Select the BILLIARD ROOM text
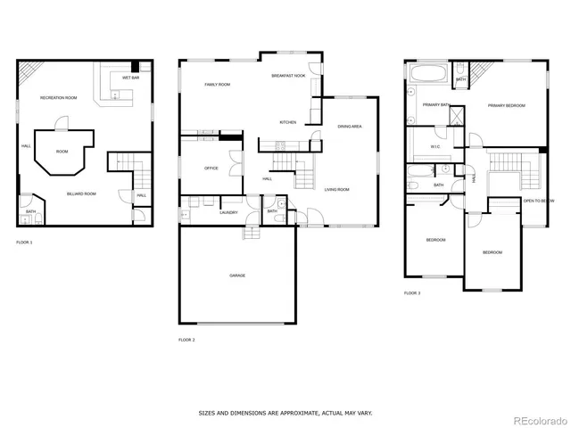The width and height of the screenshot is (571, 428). click(82, 193)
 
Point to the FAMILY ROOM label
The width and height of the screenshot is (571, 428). click(218, 85)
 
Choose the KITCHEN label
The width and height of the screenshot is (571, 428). click(287, 122)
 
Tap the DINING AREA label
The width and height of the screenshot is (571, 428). click(349, 127)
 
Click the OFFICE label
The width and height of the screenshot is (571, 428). click(211, 168)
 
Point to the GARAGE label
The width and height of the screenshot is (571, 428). click(237, 276)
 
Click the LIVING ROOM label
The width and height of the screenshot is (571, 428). click(336, 189)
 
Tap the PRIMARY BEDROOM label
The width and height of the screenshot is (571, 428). click(506, 106)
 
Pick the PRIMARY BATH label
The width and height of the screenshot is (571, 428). click(436, 105)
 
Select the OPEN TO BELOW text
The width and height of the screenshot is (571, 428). click(538, 202)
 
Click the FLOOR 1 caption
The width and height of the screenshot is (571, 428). click(24, 243)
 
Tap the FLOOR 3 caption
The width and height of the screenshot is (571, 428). click(411, 292)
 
